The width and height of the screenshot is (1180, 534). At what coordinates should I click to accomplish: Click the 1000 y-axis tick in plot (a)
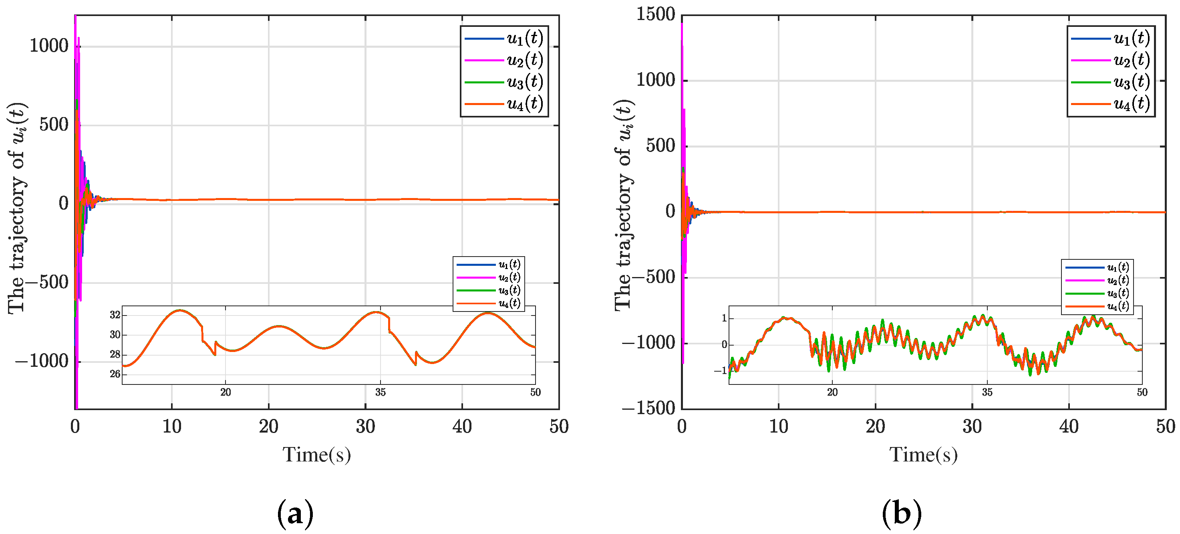click(48, 46)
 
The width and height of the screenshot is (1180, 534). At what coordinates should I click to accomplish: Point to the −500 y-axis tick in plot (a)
click(43, 282)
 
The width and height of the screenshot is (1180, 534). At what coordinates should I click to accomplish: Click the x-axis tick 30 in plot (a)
click(365, 426)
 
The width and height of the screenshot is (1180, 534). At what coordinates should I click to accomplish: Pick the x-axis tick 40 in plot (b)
click(1069, 426)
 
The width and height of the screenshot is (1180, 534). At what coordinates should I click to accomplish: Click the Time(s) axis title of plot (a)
click(316, 455)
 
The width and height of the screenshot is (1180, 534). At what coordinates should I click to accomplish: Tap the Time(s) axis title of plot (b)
click(923, 455)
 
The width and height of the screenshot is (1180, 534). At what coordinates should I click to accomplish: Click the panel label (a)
click(296, 514)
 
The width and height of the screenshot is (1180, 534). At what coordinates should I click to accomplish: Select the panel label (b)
click(902, 514)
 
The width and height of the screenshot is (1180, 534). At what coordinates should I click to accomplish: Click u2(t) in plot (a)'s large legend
click(524, 60)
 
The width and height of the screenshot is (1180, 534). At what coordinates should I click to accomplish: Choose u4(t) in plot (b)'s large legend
click(1132, 104)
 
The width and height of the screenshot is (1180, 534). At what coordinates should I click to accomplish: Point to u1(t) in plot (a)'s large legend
click(524, 38)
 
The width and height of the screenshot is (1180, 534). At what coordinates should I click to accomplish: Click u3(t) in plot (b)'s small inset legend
click(1118, 293)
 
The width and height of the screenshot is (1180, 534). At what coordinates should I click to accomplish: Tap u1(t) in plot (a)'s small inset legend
click(509, 265)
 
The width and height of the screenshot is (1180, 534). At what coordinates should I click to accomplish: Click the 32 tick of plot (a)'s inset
click(115, 315)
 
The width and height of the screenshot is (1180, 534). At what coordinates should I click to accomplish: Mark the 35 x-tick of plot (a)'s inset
click(380, 392)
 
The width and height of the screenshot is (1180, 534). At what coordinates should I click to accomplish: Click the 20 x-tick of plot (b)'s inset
click(832, 392)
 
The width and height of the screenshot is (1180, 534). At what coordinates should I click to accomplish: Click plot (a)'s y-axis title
click(17, 208)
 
